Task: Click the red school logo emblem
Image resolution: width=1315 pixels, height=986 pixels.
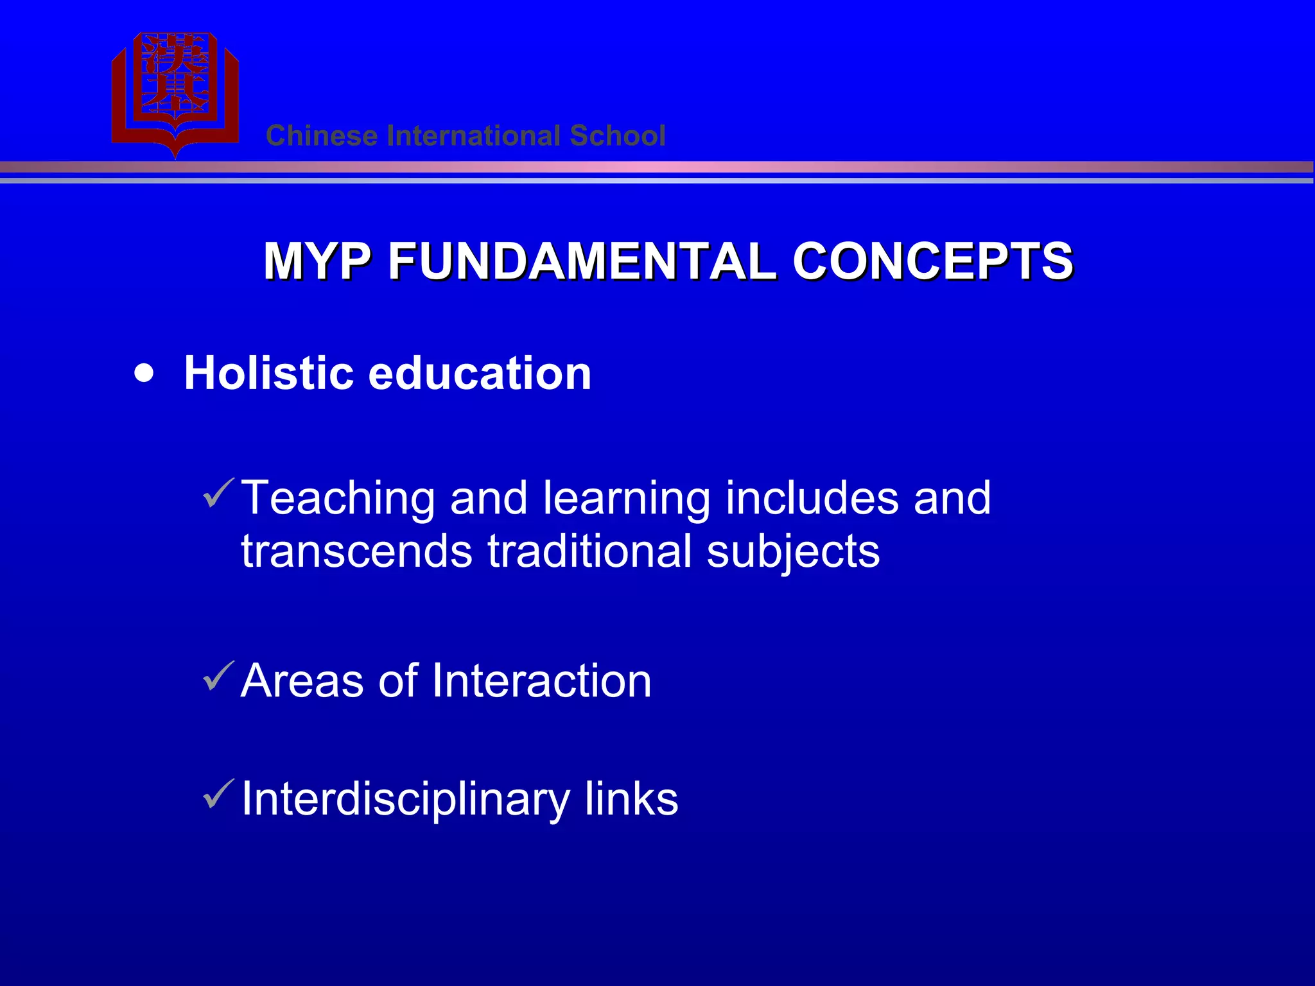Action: [x=175, y=90]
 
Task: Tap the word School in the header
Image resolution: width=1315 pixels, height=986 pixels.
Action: [x=617, y=136]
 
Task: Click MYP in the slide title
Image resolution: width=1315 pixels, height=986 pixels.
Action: [x=317, y=261]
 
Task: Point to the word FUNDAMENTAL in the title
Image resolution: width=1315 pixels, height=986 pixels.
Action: [x=582, y=261]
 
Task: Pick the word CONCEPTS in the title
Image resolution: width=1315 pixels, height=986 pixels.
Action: [x=932, y=261]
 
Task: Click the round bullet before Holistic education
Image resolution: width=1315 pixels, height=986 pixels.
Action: [x=144, y=374]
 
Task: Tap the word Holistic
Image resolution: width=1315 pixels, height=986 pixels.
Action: [x=268, y=374]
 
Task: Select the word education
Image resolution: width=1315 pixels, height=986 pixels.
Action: [x=480, y=374]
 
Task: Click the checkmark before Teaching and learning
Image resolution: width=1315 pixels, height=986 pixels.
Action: [x=218, y=494]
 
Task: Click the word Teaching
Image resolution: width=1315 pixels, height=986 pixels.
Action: [x=338, y=499]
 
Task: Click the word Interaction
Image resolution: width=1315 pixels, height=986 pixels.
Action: [x=541, y=680]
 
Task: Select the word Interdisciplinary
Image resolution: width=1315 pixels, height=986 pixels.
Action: [x=405, y=800]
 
